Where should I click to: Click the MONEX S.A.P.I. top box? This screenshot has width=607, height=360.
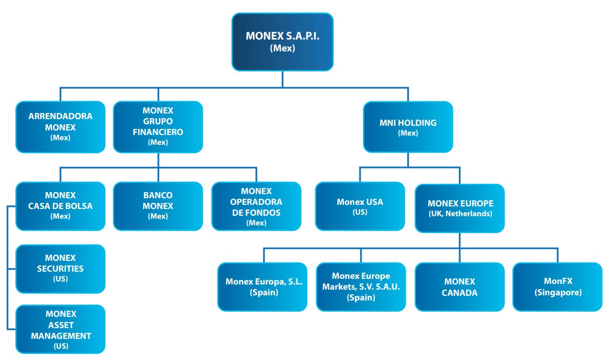tap(282, 42)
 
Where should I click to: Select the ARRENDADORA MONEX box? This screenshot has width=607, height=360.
tap(61, 127)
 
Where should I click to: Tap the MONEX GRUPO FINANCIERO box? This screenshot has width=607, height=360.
tap(158, 127)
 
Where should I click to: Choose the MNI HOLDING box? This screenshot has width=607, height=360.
tap(408, 127)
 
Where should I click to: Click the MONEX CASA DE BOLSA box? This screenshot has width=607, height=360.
tap(61, 206)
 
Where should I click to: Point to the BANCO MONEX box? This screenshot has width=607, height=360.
tap(158, 206)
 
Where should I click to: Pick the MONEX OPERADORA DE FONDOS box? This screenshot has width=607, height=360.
tap(256, 206)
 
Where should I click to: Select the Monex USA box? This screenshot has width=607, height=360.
tap(360, 206)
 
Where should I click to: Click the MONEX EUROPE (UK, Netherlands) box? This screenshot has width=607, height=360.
tap(460, 209)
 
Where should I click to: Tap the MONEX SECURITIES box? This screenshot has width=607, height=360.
tap(61, 269)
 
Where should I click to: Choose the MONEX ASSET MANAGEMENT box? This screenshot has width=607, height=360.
tap(61, 329)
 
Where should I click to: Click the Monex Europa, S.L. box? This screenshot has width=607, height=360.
tap(262, 287)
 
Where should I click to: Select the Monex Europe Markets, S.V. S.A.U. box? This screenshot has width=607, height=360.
tap(361, 287)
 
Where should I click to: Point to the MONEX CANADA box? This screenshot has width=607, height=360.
tap(460, 287)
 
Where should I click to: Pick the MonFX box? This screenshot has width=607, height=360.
tap(558, 287)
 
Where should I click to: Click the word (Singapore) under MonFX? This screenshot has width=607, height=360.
tap(558, 293)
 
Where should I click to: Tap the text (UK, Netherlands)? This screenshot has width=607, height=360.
tap(460, 214)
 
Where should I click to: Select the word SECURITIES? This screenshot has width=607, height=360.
tap(61, 268)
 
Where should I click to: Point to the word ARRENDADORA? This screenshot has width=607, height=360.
tap(61, 116)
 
